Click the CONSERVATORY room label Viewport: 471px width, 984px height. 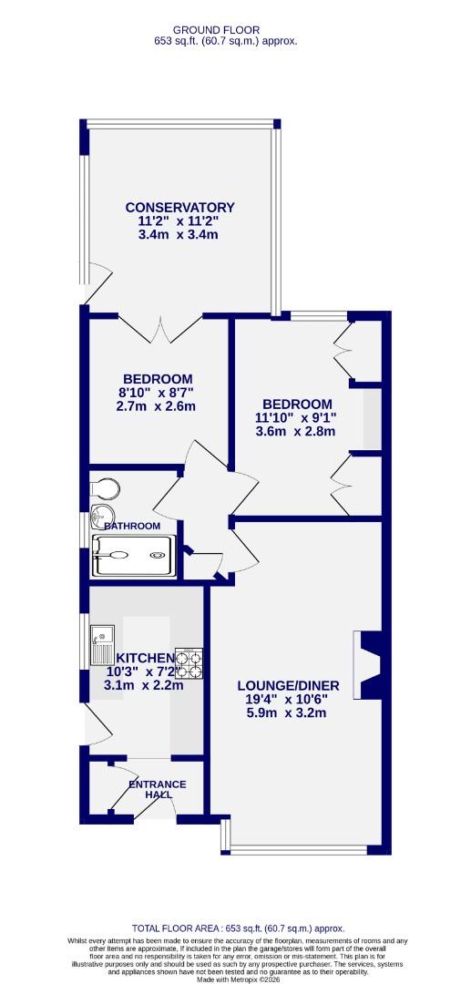click(x=179, y=207)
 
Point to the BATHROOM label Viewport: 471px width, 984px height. click(x=132, y=526)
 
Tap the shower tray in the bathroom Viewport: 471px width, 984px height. click(x=132, y=555)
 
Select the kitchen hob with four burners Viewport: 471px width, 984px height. click(x=189, y=664)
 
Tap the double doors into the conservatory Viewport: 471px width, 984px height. click(x=160, y=327)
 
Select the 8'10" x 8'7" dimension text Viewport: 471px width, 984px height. click(x=158, y=393)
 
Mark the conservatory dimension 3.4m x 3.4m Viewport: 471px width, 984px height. click(x=179, y=234)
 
